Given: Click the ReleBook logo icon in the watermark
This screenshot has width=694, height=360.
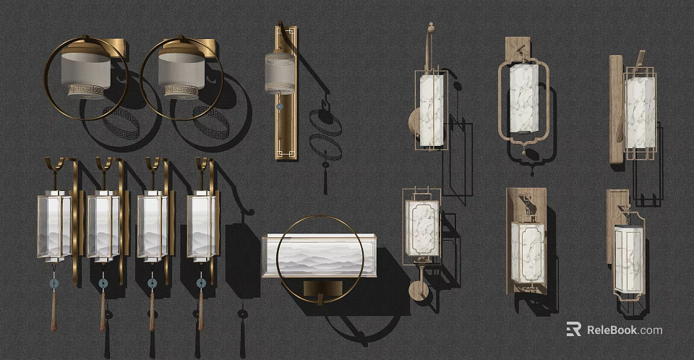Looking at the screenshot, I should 573,330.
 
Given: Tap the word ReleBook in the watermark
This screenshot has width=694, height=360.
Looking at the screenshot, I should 611,330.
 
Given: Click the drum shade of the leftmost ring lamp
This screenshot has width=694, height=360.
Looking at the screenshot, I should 85,69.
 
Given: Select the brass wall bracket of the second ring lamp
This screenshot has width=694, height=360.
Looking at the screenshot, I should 205,48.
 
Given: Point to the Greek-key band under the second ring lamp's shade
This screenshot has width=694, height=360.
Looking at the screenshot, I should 181,91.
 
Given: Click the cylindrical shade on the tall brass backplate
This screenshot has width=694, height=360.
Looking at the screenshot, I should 279,72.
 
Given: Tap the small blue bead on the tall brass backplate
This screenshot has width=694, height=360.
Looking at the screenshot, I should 279,107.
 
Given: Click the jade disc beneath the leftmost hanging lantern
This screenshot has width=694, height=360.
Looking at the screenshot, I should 53,284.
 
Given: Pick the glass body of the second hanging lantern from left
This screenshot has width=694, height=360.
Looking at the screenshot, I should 103,226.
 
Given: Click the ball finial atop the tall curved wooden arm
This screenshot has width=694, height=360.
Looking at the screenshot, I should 430,28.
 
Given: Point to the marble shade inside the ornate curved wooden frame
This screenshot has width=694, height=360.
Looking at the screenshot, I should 523,98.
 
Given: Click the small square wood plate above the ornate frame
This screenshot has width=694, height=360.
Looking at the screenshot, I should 518,47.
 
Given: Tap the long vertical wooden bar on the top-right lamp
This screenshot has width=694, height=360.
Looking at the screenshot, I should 616,108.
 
